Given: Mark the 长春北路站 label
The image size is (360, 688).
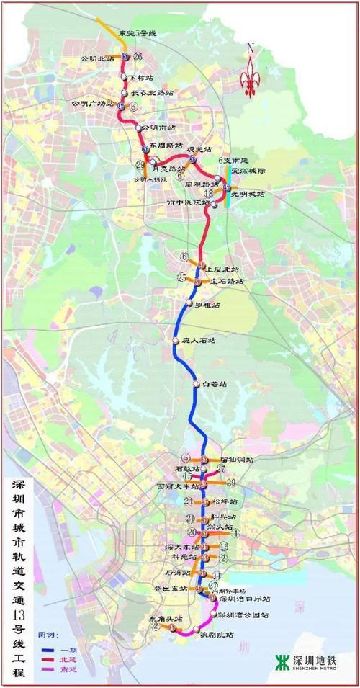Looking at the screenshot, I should tap(153, 93).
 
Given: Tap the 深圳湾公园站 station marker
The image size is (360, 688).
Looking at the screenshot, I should tap(214, 614).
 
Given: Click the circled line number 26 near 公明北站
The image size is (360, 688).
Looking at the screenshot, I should tap(138, 55).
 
